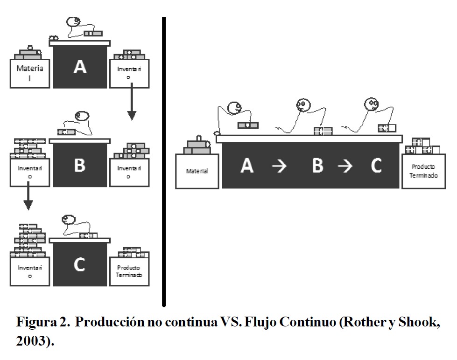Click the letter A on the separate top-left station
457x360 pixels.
click(x=80, y=68)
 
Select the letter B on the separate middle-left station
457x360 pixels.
click(x=80, y=166)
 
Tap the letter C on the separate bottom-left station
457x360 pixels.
click(x=79, y=264)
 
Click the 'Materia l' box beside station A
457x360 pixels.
click(x=30, y=73)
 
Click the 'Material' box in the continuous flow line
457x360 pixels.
click(x=197, y=171)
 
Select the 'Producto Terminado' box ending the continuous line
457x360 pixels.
click(x=423, y=171)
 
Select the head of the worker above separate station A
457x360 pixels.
click(x=73, y=22)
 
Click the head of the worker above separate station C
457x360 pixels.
click(x=69, y=219)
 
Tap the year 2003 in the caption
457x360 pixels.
click(x=31, y=341)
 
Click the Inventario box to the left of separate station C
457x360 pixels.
click(x=30, y=271)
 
